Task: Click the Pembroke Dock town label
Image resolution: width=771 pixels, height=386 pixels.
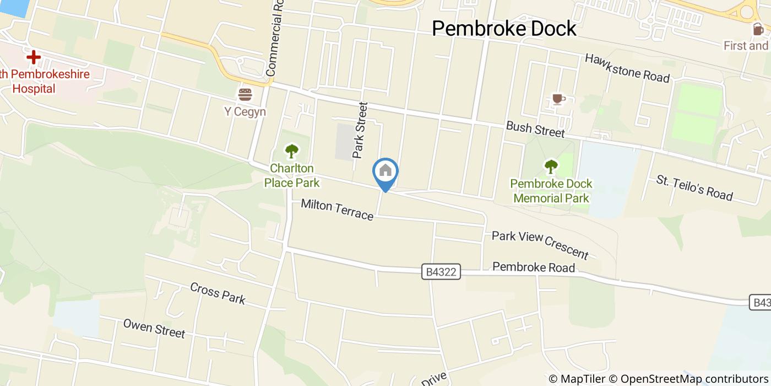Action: pos(504,29)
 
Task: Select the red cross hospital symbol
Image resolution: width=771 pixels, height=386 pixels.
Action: pos(33,57)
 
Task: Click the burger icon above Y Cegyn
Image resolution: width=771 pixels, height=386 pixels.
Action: pos(245,94)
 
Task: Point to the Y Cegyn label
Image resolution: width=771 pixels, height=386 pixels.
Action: pos(245,112)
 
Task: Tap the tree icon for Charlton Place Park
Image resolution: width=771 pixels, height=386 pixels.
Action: pos(291,151)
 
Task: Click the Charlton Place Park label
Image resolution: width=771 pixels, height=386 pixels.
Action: pos(291,175)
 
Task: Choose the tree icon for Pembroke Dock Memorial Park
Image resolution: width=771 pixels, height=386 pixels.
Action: pos(551,166)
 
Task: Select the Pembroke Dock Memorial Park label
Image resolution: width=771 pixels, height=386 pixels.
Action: pos(551,191)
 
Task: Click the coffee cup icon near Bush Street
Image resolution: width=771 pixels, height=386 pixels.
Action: pos(558,99)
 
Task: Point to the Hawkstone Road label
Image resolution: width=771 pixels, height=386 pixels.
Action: pos(627,68)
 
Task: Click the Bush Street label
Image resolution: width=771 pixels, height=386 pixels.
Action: pos(535,130)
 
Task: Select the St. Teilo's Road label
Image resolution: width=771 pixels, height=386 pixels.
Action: pos(694,187)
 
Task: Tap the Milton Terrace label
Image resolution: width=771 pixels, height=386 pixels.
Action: pos(337,210)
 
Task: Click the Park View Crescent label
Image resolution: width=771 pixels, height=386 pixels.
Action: pos(540,244)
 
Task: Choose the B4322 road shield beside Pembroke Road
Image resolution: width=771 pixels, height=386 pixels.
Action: pos(442,272)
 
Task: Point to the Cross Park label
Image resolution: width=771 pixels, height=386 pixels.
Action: pos(218,293)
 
